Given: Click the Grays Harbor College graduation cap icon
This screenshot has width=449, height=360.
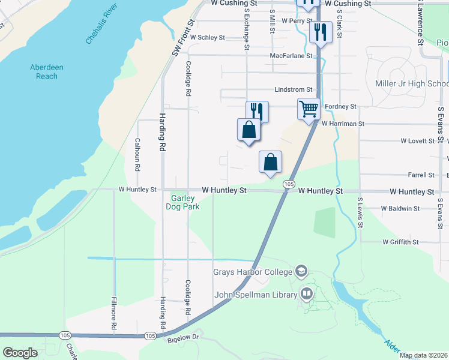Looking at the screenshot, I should [x=301, y=271].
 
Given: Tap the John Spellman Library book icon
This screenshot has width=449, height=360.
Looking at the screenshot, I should [x=307, y=294].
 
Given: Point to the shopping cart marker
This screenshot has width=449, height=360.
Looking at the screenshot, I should [x=309, y=109].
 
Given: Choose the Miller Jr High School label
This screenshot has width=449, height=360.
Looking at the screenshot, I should [x=412, y=83].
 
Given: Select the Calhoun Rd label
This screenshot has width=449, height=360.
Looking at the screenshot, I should [x=137, y=154].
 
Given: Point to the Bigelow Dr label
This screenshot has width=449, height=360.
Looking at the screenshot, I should [x=182, y=338].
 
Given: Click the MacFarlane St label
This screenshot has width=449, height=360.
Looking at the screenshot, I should [x=291, y=55].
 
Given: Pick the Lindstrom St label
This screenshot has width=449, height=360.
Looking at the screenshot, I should [x=294, y=89].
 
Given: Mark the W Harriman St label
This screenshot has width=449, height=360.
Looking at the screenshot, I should [x=343, y=124].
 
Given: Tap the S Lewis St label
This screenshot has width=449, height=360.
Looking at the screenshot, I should [x=360, y=212].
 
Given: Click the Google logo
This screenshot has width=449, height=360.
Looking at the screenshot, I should [x=20, y=353].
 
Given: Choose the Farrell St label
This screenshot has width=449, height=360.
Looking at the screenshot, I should [x=421, y=175].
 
